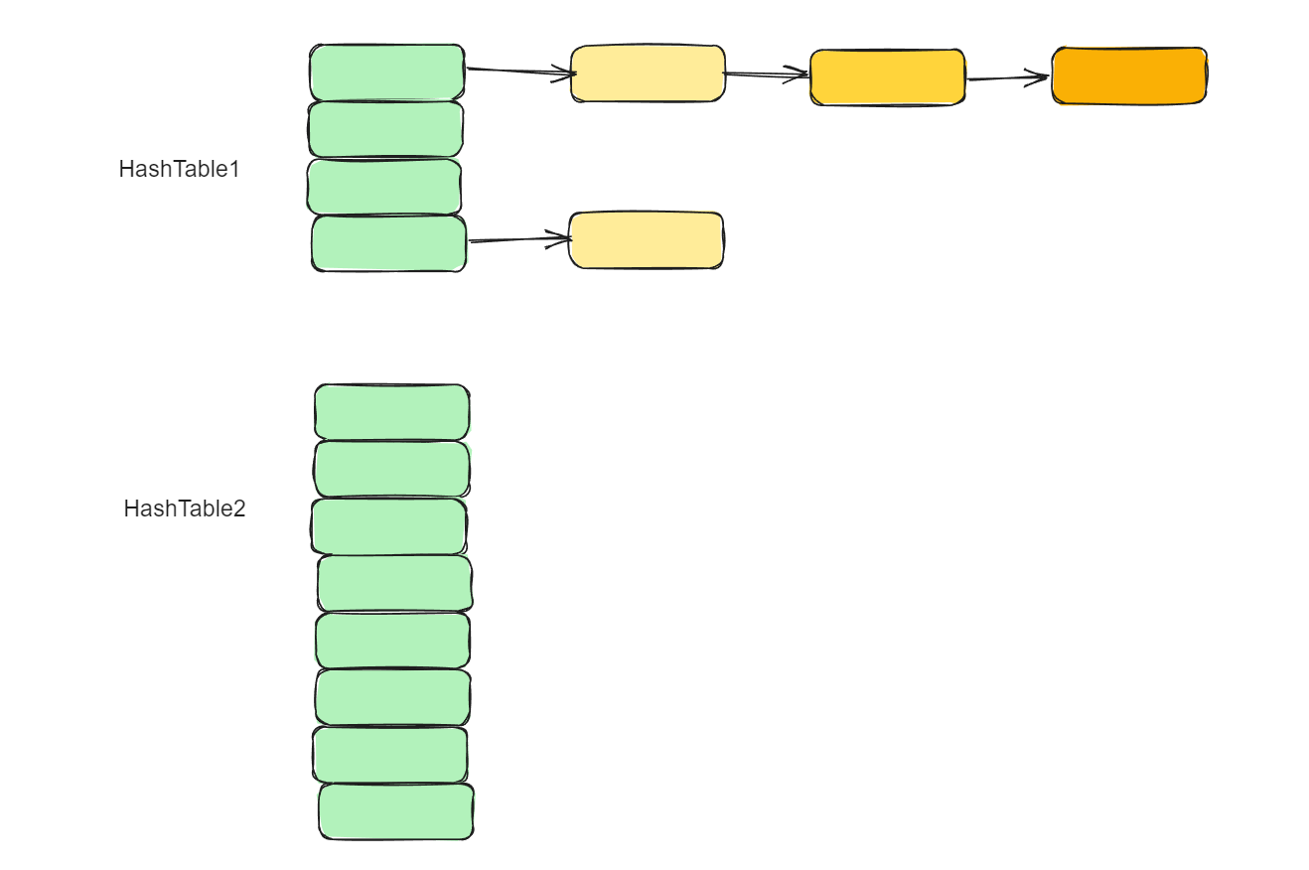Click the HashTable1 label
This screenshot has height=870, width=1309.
179,169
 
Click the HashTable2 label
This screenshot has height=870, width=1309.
184,508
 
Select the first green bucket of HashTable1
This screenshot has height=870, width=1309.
387,72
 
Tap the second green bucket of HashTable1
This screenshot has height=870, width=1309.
385,129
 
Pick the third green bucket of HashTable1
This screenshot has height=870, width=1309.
384,187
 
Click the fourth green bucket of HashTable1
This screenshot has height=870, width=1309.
388,243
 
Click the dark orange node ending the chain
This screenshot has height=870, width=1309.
1129,75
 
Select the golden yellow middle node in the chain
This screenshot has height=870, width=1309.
887,77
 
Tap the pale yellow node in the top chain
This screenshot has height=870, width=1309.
648,73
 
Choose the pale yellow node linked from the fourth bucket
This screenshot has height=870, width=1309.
646,240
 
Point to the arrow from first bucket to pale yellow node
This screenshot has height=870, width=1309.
518,72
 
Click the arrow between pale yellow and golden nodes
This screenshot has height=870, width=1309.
767,73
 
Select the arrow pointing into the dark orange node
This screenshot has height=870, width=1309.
1007,77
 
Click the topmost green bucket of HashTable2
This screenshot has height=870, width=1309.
391,412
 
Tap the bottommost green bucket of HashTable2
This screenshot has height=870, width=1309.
395,811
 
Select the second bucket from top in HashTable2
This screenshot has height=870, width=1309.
391,469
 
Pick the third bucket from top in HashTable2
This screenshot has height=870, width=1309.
388,526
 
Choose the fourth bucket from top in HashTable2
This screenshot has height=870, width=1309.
394,583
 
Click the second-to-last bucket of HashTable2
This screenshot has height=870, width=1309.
389,755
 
